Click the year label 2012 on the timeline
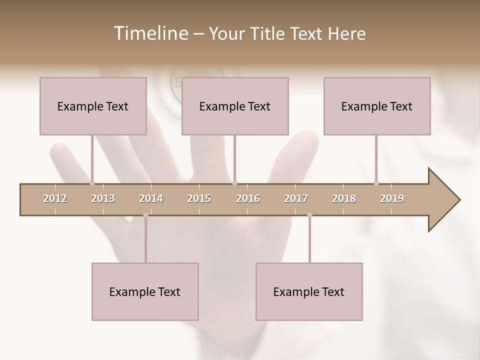coord(55,198)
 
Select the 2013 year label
coord(103,198)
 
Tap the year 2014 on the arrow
coord(151,198)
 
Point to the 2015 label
coord(199,198)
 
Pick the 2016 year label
coord(248,198)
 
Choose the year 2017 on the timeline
coord(296,198)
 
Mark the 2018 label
coord(344,198)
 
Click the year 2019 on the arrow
coord(392,198)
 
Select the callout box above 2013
coord(93,106)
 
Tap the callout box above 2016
coord(235,106)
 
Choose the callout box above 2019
coord(377,106)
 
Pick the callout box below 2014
coord(145,291)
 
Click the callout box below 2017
coord(309,291)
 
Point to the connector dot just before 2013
coord(92,183)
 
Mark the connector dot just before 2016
coord(234,183)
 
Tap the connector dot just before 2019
coord(376,183)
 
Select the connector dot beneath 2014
coord(145,215)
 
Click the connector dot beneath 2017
coord(309,215)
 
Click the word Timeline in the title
coord(150,33)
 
